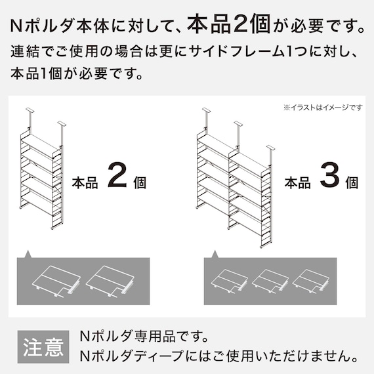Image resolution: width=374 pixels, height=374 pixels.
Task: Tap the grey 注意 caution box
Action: tap(43, 346)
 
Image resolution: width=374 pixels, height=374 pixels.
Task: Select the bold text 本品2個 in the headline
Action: tap(229, 24)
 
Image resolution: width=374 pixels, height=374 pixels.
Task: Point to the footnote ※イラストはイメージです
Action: tap(323, 108)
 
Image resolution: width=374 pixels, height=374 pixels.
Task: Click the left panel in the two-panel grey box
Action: tap(56, 281)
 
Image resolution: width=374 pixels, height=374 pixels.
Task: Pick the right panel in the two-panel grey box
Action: tap(110, 281)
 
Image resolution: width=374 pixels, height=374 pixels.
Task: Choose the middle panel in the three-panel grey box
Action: tap(270, 281)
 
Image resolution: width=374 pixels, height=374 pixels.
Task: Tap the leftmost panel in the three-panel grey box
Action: tap(230, 281)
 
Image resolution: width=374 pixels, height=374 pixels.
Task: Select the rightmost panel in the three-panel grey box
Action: tap(310, 281)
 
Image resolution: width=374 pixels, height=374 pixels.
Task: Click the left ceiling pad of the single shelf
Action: tap(30, 110)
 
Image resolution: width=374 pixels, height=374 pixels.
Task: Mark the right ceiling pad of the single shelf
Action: tap(62, 123)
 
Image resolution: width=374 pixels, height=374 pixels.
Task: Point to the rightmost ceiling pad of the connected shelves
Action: tap(271, 148)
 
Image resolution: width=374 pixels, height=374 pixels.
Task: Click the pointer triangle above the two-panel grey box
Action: tap(28, 255)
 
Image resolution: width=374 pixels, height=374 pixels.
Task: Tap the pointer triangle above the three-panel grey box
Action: tap(215, 255)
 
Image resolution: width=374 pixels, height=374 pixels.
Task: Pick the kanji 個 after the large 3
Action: tap(352, 182)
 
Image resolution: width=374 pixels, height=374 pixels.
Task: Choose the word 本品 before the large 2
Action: tap(85, 182)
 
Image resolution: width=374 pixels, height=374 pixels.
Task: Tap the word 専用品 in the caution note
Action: tap(155, 336)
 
